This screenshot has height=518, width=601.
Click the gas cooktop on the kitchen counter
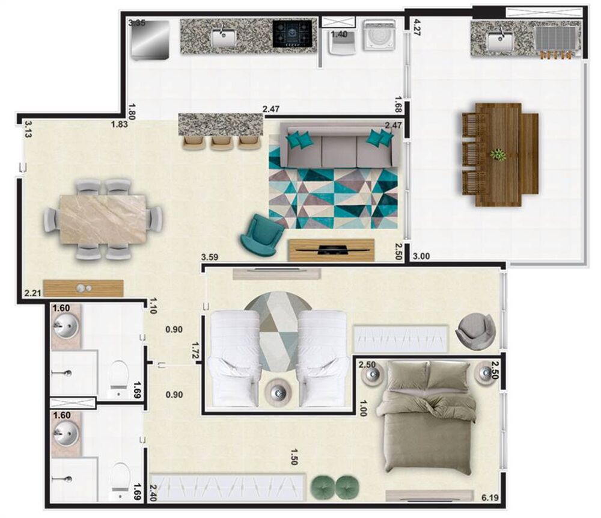tap(293, 34)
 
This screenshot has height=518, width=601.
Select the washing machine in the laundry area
tap(379, 36)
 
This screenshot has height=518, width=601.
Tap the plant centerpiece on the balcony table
tap(498, 155)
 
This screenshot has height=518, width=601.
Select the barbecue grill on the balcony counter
tap(555, 38)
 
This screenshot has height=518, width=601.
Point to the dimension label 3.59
tap(209, 257)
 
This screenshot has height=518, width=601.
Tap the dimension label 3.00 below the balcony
tap(421, 257)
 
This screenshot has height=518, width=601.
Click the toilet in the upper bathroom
tap(119, 377)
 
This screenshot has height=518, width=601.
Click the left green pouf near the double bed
tap(323, 486)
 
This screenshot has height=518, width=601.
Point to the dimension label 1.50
tap(294, 455)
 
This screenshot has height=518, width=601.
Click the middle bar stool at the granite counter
tap(221, 143)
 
